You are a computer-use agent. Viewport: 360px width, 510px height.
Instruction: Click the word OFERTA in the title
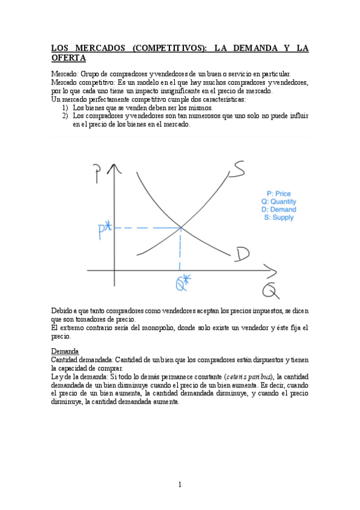[69, 58]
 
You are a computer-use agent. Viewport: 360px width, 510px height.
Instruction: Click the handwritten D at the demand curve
[242, 254]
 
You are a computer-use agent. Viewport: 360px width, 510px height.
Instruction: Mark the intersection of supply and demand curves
[181, 227]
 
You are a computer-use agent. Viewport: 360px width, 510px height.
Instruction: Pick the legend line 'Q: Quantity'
[278, 201]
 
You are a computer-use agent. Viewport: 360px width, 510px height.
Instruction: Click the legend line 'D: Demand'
[278, 209]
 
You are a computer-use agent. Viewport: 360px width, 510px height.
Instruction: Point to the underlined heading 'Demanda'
[64, 351]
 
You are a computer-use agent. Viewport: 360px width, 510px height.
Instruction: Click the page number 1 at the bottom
[180, 484]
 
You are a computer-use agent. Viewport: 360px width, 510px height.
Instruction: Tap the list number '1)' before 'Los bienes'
[66, 108]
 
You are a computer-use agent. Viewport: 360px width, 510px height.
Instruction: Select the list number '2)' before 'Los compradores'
[66, 115]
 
